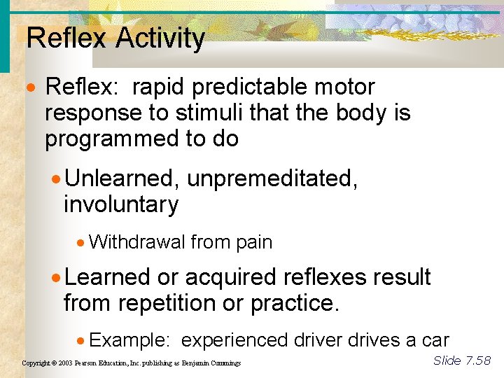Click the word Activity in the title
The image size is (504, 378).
(160, 38)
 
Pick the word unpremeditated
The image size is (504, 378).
(273, 179)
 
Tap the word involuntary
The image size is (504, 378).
(120, 205)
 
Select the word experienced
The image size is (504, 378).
(234, 341)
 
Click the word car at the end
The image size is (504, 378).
(435, 341)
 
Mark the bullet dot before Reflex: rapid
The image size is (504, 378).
(30, 88)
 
